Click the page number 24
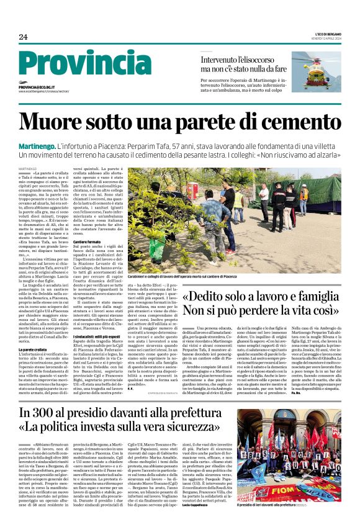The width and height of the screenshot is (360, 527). coord(23,37)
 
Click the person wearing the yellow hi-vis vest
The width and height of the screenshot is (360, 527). coord(238,198)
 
